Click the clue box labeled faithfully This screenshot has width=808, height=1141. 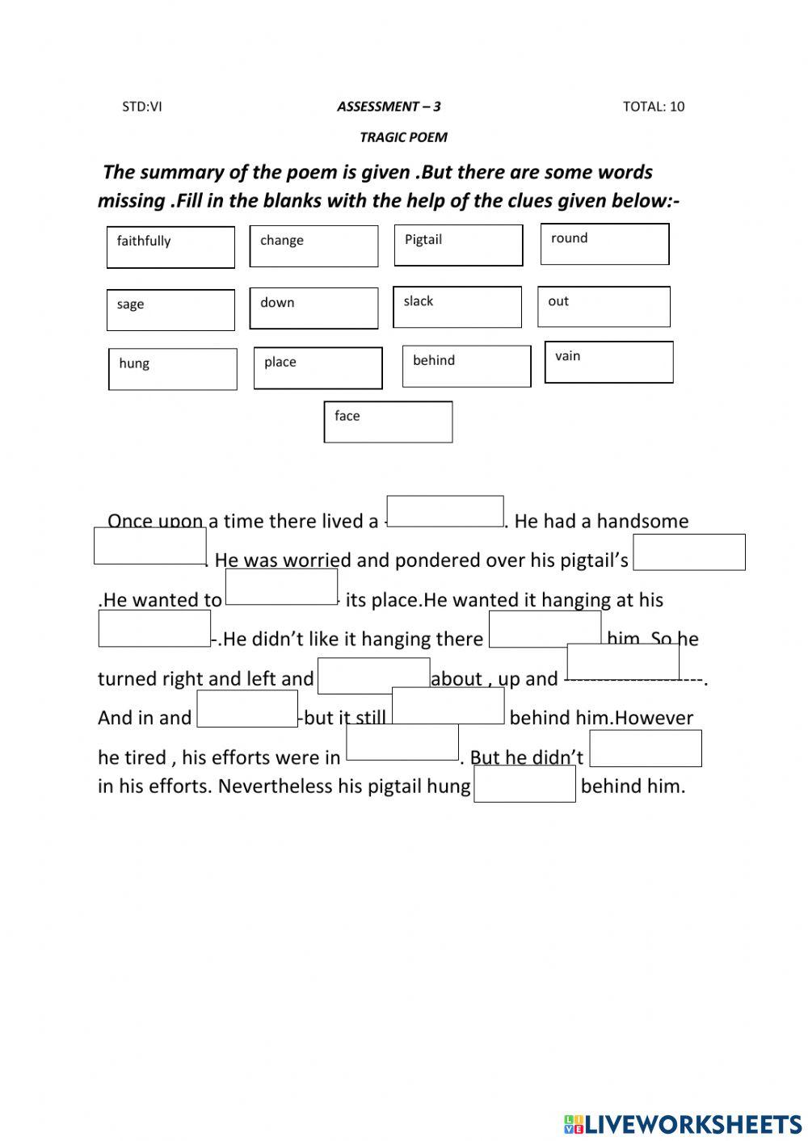coord(170,247)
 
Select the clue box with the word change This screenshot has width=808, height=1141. coord(314,246)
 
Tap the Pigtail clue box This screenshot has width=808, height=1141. coord(458,245)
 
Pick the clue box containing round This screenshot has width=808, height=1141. coord(604,244)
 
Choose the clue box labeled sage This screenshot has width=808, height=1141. coord(170,310)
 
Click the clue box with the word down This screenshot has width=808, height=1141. coord(314,308)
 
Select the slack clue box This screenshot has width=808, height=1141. coord(457,307)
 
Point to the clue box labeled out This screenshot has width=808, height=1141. coord(604,307)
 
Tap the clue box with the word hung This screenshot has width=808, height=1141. coord(173,369)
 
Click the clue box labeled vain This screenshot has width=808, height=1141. coord(608,362)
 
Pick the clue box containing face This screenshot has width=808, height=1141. coord(388,422)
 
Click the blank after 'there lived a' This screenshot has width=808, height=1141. coord(445,511)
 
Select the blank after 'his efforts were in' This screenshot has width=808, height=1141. coord(402,742)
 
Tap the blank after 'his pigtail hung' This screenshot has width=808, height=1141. coord(524,784)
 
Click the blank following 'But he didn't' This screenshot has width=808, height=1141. coord(646,749)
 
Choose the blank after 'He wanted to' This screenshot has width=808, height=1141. coord(281,586)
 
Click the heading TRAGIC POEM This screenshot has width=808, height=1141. coord(403,137)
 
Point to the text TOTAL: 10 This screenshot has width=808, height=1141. coord(653,107)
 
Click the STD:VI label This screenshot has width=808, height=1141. coord(142,107)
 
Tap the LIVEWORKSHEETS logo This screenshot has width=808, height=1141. coord(683,1123)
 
